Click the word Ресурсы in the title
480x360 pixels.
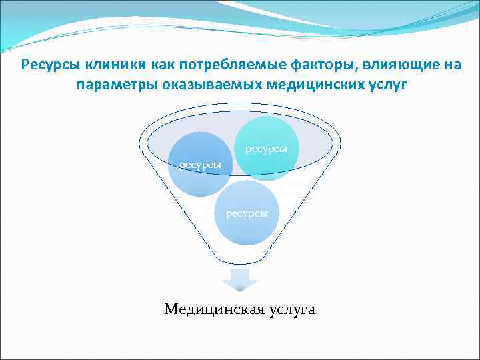click(48, 65)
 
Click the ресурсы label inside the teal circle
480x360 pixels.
click(267, 149)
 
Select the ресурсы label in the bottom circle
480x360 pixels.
click(247, 213)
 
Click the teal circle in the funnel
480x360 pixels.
click(267, 133)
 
